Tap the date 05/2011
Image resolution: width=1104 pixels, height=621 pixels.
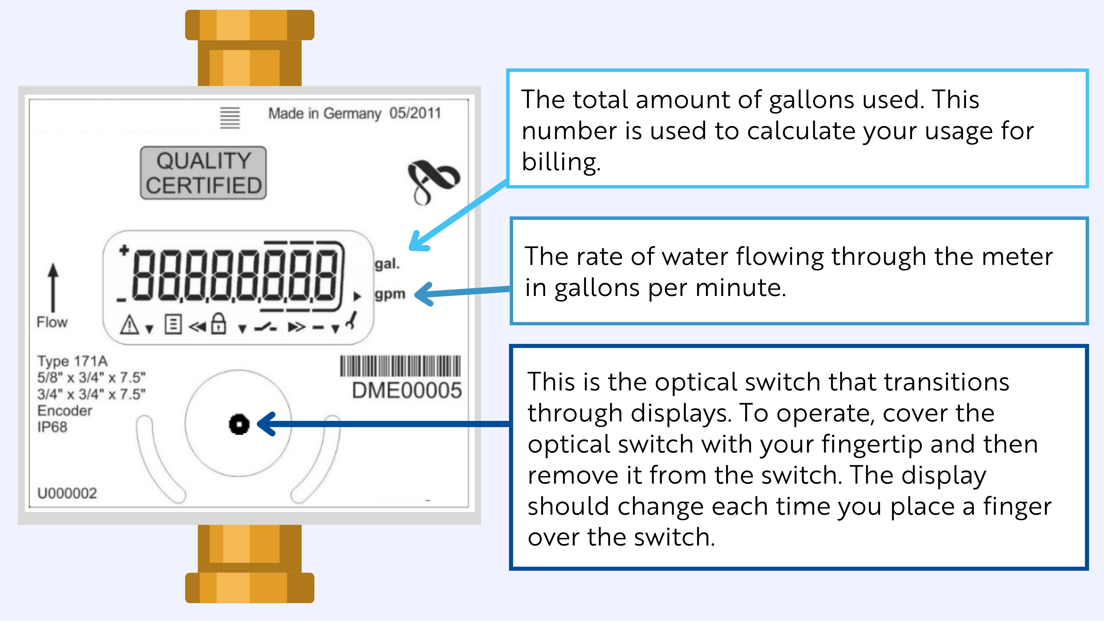(x=415, y=113)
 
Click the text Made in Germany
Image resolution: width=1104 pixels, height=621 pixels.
(x=325, y=114)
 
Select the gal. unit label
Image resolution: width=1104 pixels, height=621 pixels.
(x=387, y=263)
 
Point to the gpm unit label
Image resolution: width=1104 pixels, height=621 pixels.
(x=390, y=294)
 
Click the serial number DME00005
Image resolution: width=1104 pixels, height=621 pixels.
(x=406, y=390)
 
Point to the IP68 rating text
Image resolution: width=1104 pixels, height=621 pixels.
(x=52, y=427)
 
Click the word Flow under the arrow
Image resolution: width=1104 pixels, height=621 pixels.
(x=52, y=322)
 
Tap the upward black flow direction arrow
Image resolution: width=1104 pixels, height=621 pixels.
(x=53, y=287)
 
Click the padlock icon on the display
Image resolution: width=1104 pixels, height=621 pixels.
(x=218, y=324)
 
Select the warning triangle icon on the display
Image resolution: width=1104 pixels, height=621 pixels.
(x=129, y=324)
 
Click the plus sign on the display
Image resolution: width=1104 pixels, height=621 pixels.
(x=124, y=250)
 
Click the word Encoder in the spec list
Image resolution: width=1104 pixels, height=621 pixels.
(x=65, y=411)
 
